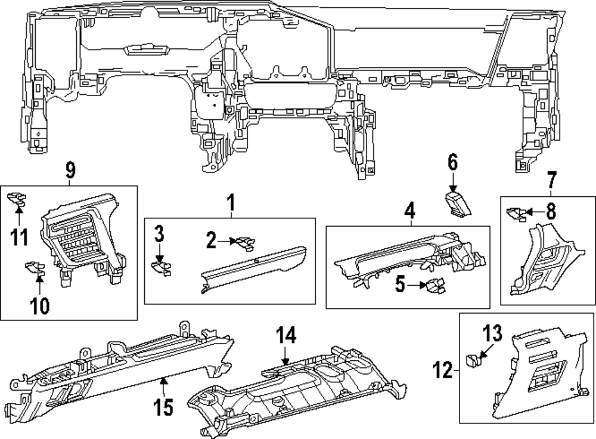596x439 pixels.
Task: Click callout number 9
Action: tap(70, 171)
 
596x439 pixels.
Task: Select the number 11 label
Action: tap(19, 237)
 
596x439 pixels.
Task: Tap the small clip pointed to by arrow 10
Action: tap(35, 269)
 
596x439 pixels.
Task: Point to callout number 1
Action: tap(231, 205)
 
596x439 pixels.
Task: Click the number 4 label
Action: tap(409, 212)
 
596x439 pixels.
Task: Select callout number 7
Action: tap(551, 179)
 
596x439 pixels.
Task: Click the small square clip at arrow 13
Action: tap(472, 358)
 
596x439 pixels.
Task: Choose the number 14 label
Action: tap(285, 337)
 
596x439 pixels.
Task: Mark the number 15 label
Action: tap(162, 408)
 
